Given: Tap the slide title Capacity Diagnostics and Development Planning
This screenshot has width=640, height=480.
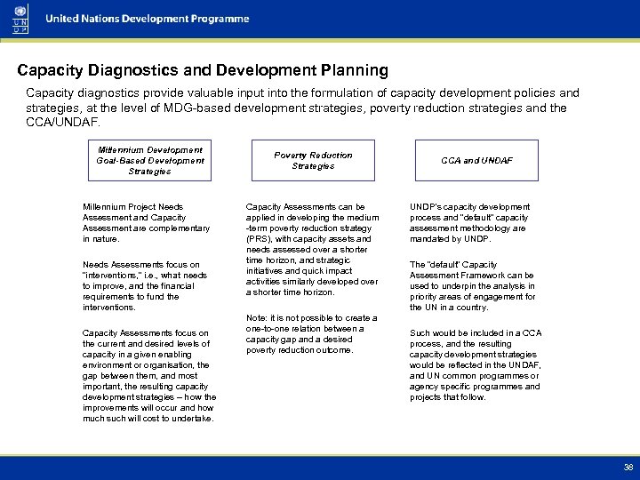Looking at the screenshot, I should pos(204,69).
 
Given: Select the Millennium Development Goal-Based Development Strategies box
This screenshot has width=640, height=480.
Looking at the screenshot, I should pos(149,160).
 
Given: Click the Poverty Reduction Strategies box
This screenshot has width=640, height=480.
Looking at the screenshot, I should pos(313,160).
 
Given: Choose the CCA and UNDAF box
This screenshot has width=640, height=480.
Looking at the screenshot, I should pos(477,160).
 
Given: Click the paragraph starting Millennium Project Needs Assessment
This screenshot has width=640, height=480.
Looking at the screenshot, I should pos(146,222).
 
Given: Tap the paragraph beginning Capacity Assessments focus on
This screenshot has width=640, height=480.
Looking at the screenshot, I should pos(148,375).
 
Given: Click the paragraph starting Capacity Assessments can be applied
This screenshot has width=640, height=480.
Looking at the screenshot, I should pos(312,249).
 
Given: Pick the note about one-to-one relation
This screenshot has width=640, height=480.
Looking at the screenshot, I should pos(312,333).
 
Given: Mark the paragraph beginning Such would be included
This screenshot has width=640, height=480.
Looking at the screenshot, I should pos(476,364).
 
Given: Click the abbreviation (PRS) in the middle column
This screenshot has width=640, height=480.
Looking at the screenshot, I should pos(260,238).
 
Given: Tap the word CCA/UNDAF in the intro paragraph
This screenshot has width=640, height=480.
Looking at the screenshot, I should pos(63,122).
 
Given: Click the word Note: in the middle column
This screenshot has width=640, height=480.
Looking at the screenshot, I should pos(258,317).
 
